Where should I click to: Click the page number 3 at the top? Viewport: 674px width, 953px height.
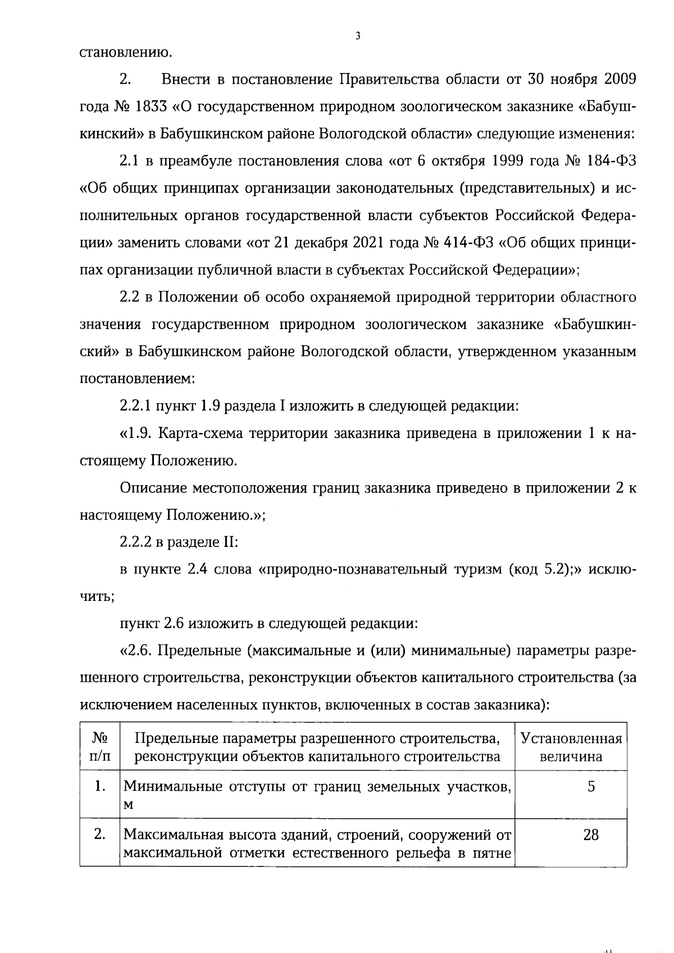click(357, 37)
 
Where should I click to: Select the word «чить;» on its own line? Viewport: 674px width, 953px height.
click(97, 596)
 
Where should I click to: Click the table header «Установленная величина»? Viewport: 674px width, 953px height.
click(571, 747)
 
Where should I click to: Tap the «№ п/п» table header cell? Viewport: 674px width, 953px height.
click(99, 747)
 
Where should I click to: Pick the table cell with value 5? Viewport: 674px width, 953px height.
click(591, 787)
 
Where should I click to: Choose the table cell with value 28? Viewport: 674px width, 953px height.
click(591, 835)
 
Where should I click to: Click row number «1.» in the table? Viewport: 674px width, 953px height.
click(100, 787)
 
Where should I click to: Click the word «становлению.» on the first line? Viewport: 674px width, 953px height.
click(126, 53)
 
